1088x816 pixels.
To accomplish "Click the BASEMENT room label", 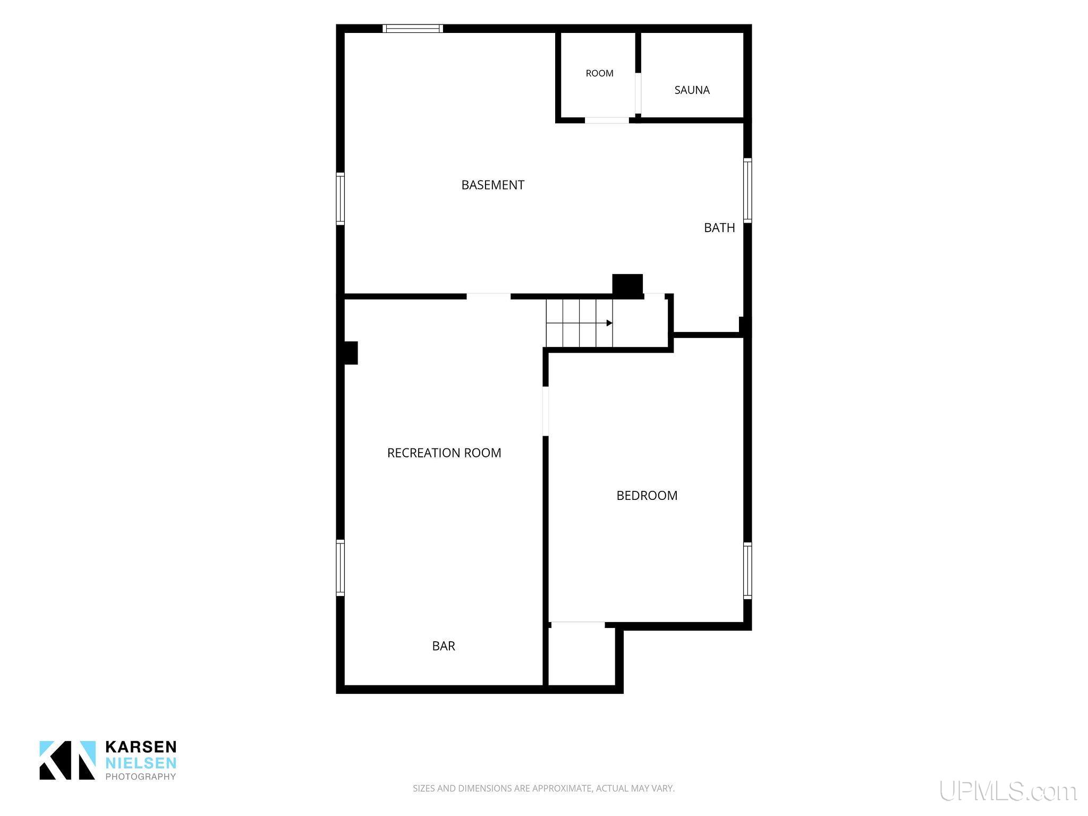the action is [492, 185].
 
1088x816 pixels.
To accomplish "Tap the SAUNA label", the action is [692, 90].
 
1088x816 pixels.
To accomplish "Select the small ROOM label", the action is [599, 73].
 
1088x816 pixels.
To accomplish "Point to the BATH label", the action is [719, 227].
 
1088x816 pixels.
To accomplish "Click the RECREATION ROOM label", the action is [444, 453].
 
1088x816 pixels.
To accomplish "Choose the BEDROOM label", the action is [647, 496].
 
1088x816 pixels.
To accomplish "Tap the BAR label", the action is [444, 646].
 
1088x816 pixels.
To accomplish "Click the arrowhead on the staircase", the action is [609, 323].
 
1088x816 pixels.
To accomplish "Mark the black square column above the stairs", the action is [627, 285].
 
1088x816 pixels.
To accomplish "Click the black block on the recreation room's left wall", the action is [351, 353].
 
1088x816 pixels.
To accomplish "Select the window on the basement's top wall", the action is [413, 29].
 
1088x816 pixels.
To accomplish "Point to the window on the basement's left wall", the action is [341, 199].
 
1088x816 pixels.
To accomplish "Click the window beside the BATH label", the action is [747, 190].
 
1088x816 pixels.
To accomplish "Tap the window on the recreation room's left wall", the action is [341, 568].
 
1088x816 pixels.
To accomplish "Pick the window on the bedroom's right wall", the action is [747, 571].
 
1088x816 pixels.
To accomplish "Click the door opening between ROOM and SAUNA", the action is [638, 93].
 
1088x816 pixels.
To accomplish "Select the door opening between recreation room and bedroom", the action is [545, 411].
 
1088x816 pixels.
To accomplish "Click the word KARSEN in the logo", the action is [141, 747].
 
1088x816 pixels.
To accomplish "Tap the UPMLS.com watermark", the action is [1008, 792].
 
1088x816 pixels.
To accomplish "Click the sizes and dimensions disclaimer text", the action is [543, 788].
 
